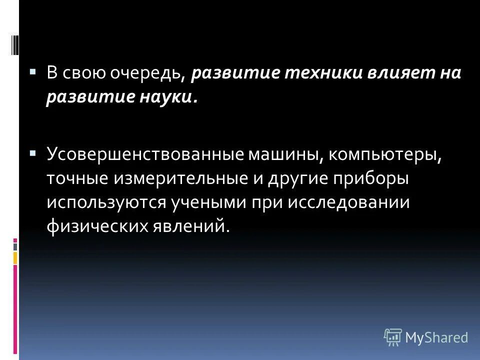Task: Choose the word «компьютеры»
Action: pyautogui.click(x=385, y=154)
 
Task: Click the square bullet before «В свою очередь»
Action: pyautogui.click(x=33, y=71)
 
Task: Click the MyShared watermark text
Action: pyautogui.click(x=437, y=337)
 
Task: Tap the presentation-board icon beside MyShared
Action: pyautogui.click(x=393, y=337)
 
